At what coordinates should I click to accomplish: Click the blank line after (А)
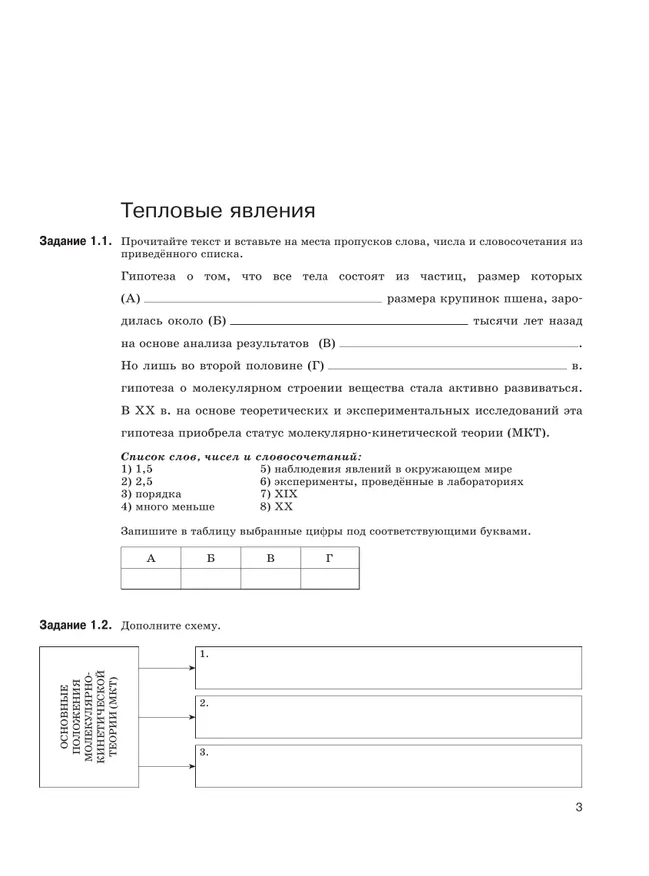pyautogui.click(x=264, y=300)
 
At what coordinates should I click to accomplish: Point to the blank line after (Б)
pyautogui.click(x=347, y=322)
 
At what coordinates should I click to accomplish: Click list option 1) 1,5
pyautogui.click(x=137, y=468)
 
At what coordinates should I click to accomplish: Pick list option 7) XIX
pyautogui.click(x=277, y=493)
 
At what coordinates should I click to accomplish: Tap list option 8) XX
pyautogui.click(x=273, y=506)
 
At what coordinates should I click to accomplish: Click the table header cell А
pyautogui.click(x=150, y=558)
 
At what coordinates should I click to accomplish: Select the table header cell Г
pyautogui.click(x=329, y=558)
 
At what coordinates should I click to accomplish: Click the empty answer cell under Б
pyautogui.click(x=210, y=579)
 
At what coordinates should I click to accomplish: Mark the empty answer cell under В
pyautogui.click(x=270, y=579)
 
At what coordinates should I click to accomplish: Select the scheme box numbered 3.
pyautogui.click(x=387, y=765)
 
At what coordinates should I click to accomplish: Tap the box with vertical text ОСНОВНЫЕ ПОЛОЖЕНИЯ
pyautogui.click(x=88, y=717)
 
